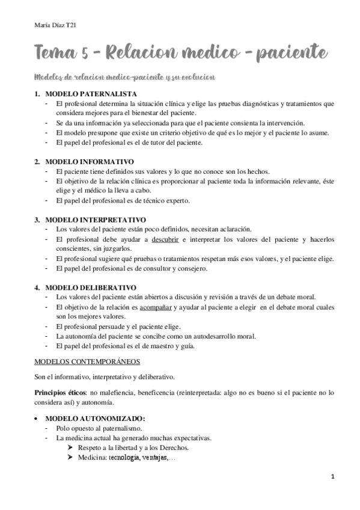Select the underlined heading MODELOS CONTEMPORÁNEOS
coord(88,361)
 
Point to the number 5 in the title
coord(87,54)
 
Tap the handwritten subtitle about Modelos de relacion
coord(126,78)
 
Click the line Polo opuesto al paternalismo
coord(98,428)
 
